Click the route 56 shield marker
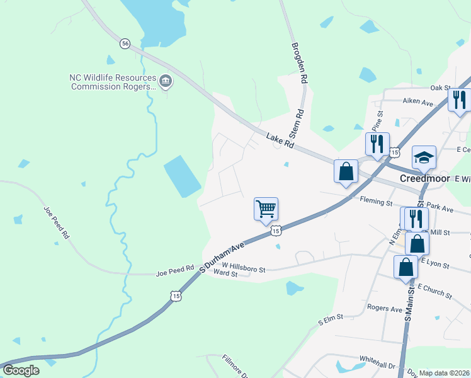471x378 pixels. tap(125, 43)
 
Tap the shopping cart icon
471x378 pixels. tap(266, 209)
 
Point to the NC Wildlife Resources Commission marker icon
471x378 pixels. tap(166, 81)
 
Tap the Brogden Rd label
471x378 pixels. tap(299, 63)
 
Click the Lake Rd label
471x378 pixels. tap(280, 140)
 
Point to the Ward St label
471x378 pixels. tap(225, 273)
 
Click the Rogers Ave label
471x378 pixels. tap(385, 309)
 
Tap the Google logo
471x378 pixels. tap(21, 370)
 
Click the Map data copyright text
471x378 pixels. tap(445, 373)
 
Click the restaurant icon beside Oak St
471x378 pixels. tap(459, 99)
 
